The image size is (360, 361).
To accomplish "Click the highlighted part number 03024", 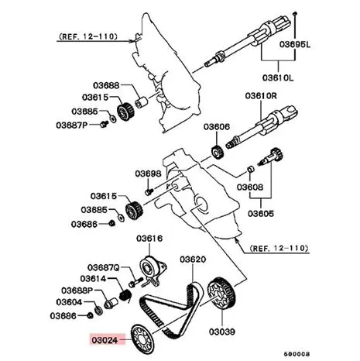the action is point(105,340).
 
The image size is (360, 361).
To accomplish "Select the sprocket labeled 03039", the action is point(221,295).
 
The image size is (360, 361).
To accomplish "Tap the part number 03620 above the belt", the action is point(193,260).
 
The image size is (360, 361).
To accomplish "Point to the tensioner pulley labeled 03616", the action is point(153,269).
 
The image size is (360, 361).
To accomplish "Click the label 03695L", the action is point(295,45).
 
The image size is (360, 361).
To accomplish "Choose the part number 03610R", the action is point(261,96).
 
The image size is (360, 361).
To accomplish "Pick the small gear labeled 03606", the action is point(218,153).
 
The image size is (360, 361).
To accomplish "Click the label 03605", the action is point(261,214).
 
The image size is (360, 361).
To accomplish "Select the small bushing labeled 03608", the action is point(250,170).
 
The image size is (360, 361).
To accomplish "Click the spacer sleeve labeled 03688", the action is point(141,102).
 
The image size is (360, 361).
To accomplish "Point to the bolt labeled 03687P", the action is point(105,124).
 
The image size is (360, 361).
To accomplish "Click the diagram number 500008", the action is point(297,354).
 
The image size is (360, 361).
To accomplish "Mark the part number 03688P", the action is point(77,291).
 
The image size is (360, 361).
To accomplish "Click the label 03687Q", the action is point(103,267).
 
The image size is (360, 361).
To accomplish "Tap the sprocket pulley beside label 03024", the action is point(142,339).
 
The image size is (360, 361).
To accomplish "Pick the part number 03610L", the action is point(278,77).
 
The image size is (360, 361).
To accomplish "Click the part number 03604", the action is point(69,302).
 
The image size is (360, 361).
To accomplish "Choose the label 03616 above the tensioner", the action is point(149,239).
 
